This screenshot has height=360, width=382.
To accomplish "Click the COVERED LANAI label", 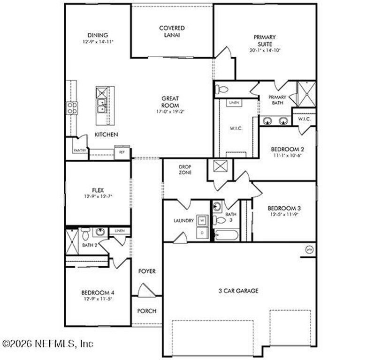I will click(x=172, y=31).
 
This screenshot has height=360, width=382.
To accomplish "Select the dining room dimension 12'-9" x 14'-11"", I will click(x=98, y=42).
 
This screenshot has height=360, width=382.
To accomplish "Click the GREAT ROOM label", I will click(x=170, y=102).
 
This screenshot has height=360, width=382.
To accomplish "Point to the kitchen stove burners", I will click(x=71, y=108).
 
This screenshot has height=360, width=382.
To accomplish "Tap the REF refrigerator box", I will click(x=122, y=152).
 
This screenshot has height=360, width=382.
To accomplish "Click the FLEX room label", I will click(x=98, y=190).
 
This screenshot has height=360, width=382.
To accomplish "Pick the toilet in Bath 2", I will click(x=85, y=233).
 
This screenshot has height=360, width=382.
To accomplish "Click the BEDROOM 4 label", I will click(x=98, y=293).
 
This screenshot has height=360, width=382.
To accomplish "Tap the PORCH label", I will click(x=146, y=311).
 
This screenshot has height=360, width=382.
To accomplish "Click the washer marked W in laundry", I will click(x=202, y=220).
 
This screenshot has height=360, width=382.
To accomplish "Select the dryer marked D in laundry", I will click(x=202, y=232).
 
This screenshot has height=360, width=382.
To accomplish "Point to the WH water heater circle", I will click(x=309, y=249).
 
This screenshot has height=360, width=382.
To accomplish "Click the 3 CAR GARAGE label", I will click(x=238, y=291).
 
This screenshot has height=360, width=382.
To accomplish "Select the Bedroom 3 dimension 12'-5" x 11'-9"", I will click(x=284, y=215).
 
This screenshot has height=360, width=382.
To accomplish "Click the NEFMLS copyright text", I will click(x=47, y=344).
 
